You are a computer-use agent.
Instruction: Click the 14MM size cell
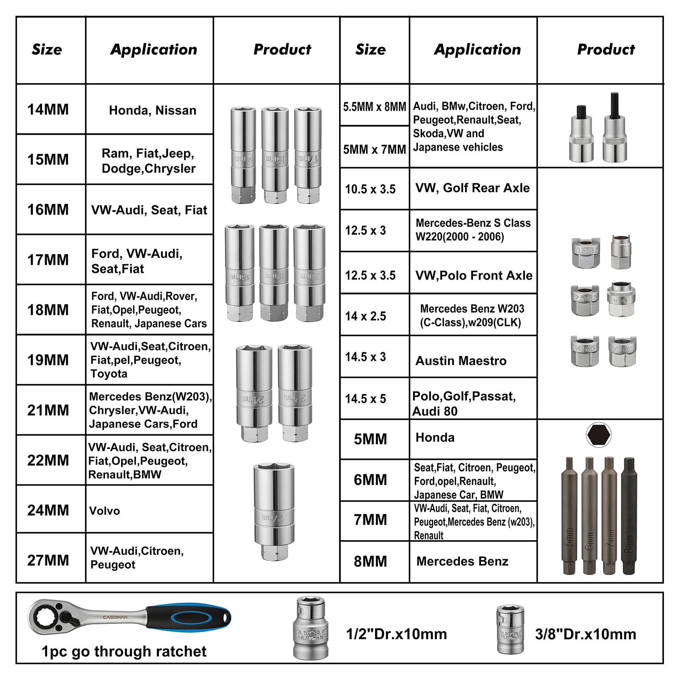[48, 110]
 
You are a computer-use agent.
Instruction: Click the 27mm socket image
[275, 512]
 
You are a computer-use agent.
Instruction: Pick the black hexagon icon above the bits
[598, 435]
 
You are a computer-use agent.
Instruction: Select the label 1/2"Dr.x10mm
[397, 634]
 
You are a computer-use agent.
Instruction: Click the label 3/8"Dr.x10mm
[586, 634]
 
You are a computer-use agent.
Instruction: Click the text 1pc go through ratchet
[124, 651]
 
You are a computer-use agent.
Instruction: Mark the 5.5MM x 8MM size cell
[374, 107]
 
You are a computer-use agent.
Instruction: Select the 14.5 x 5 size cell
[365, 399]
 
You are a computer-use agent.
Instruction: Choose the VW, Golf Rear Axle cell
[473, 188]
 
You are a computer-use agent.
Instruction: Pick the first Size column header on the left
[47, 50]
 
